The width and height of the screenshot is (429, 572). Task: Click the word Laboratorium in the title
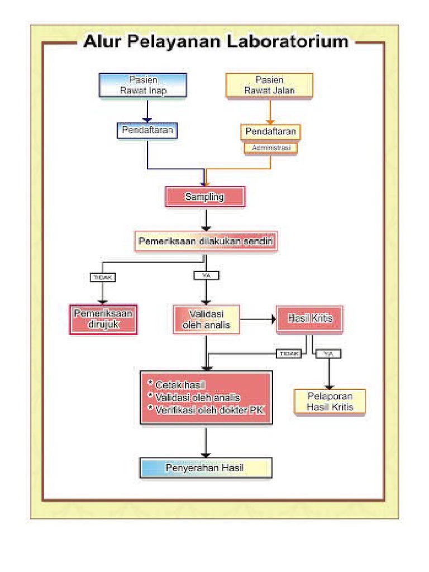[x=288, y=41]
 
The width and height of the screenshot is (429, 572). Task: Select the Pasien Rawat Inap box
[x=143, y=85]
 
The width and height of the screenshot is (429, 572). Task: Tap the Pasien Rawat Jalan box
[x=269, y=85]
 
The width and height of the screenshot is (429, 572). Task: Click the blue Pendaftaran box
[x=147, y=131]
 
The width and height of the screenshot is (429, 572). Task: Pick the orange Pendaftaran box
[x=270, y=132]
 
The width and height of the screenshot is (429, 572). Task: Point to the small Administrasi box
[x=271, y=147]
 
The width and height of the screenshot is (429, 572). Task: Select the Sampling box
[x=206, y=197]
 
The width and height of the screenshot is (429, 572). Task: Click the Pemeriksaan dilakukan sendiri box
[x=206, y=241]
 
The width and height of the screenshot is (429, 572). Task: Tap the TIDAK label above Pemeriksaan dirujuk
[x=103, y=277]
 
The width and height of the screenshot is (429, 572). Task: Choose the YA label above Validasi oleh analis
[x=207, y=275]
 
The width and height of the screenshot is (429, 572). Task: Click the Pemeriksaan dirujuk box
[x=103, y=319]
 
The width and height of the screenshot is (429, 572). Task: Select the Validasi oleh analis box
[x=206, y=319]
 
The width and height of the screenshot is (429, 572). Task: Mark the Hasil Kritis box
[x=309, y=319]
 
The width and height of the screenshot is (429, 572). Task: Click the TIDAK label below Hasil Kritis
[x=289, y=354]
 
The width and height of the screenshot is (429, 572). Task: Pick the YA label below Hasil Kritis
[x=328, y=354]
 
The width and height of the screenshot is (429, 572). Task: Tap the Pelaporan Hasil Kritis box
[x=330, y=401]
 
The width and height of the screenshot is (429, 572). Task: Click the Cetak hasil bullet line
[x=177, y=384]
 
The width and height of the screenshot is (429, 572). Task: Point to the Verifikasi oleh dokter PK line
[x=206, y=409]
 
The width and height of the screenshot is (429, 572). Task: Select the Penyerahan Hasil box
[x=206, y=468]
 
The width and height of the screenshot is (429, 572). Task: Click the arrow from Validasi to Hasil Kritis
[x=258, y=320]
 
